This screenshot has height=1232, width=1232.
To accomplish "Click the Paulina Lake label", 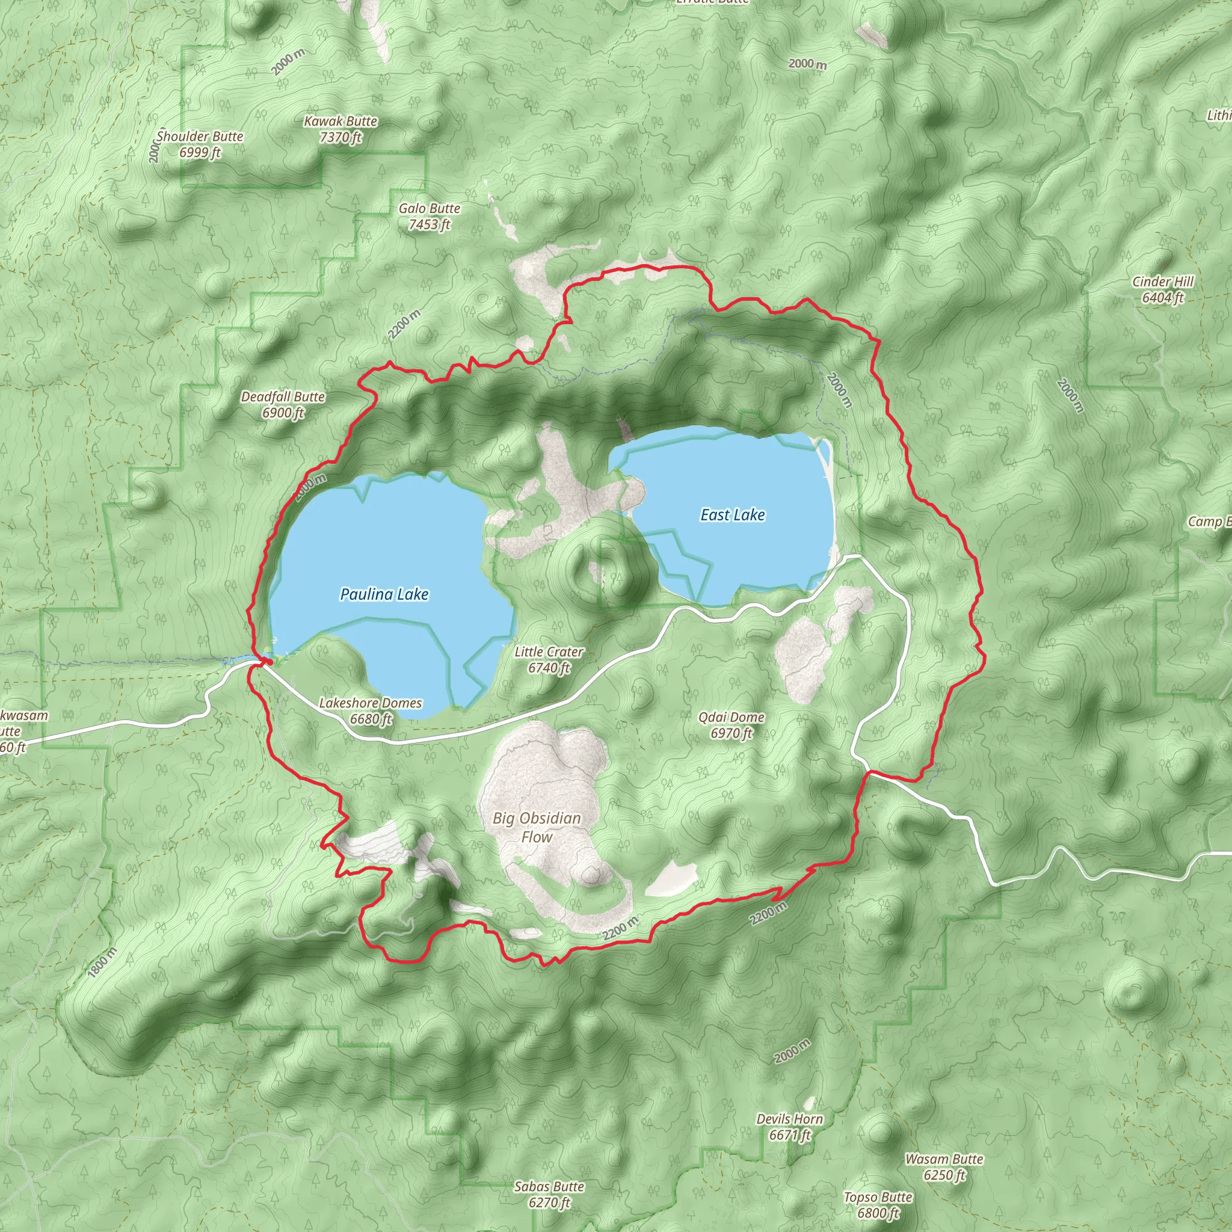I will pyautogui.click(x=384, y=594).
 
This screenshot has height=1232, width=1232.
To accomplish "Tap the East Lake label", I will pyautogui.click(x=732, y=514).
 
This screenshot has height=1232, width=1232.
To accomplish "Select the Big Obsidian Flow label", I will pyautogui.click(x=537, y=827).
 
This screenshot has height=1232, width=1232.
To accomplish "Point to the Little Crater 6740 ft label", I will pyautogui.click(x=549, y=659).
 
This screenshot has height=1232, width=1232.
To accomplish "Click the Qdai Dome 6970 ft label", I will pyautogui.click(x=731, y=725).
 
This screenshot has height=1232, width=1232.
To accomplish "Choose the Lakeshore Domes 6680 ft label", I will pyautogui.click(x=371, y=710).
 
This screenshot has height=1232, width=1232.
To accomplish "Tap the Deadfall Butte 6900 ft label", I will pyautogui.click(x=283, y=404).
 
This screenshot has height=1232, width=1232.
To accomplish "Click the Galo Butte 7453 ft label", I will pyautogui.click(x=429, y=216).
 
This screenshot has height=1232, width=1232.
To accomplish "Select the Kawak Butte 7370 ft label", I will pyautogui.click(x=340, y=129).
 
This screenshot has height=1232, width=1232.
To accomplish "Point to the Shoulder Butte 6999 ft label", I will pyautogui.click(x=200, y=144).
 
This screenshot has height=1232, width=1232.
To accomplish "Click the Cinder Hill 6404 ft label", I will pyautogui.click(x=1162, y=289).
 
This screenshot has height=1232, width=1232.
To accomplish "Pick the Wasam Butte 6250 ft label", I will pyautogui.click(x=944, y=1167).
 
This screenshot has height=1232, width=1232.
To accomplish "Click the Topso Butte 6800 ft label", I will pyautogui.click(x=878, y=1204).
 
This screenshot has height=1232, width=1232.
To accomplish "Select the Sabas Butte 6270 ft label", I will pyautogui.click(x=549, y=1194).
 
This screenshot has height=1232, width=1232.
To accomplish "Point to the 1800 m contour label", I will pyautogui.click(x=102, y=962).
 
